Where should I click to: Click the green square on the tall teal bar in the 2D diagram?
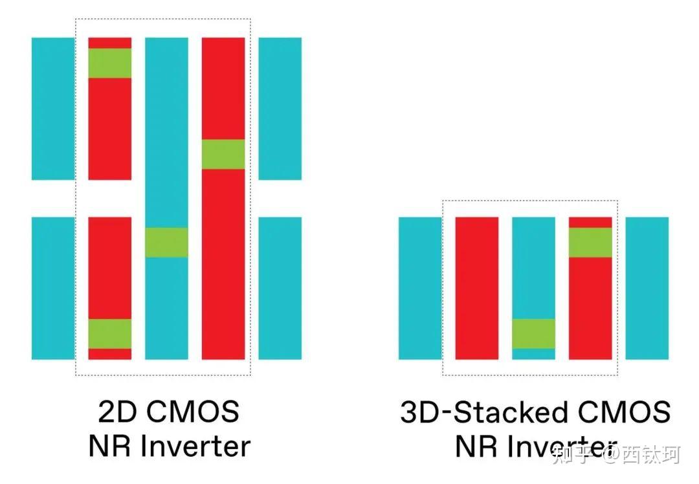pos(166,243)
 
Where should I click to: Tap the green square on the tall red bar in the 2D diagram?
pos(223,155)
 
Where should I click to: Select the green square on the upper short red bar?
pos(110,63)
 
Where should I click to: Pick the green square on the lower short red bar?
pos(110,334)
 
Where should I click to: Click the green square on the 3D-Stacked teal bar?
pos(533,334)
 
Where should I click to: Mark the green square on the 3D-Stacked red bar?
pos(590,243)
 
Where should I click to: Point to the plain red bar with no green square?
pos(477,288)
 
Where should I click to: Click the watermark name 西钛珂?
pos(651,455)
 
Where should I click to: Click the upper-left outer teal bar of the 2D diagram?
pos(53,109)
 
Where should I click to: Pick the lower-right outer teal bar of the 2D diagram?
pos(280,288)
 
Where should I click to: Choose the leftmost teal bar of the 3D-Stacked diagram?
pos(420,288)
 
